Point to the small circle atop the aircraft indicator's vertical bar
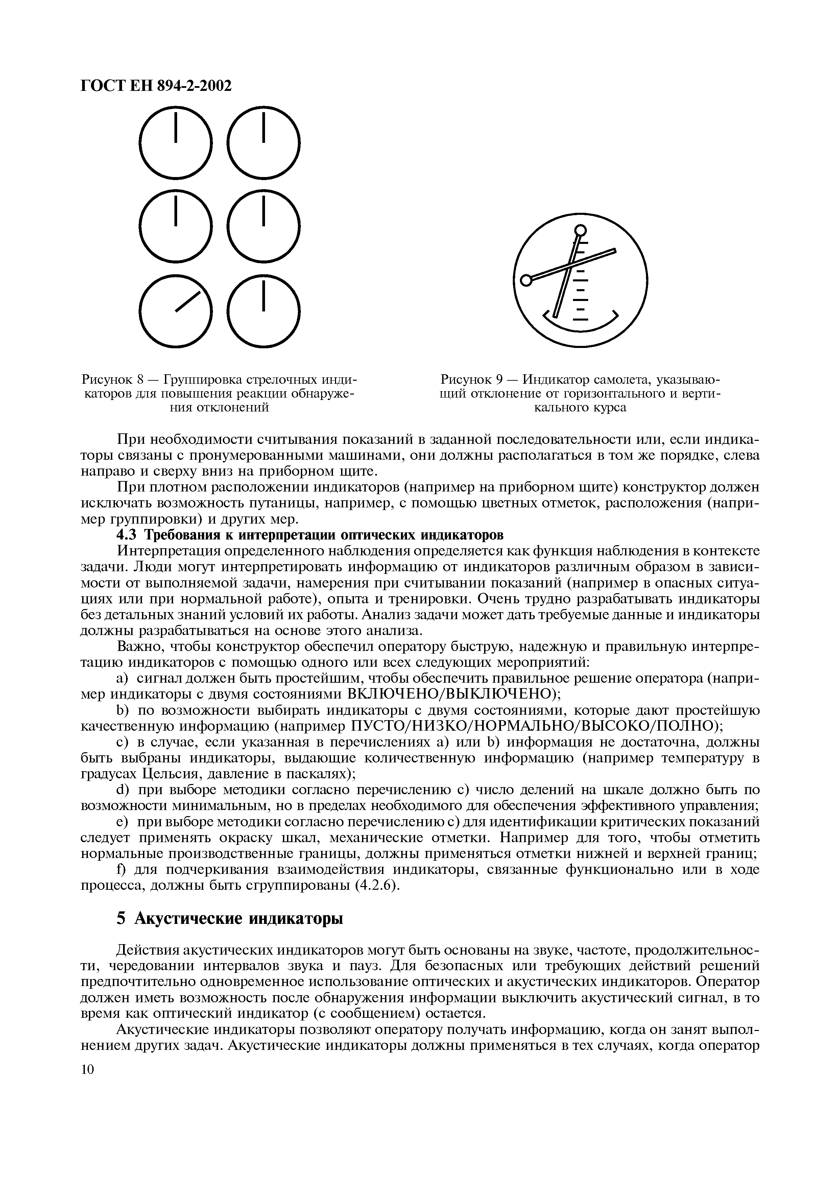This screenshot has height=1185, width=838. tap(580, 230)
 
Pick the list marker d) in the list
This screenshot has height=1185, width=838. tap(123, 790)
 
